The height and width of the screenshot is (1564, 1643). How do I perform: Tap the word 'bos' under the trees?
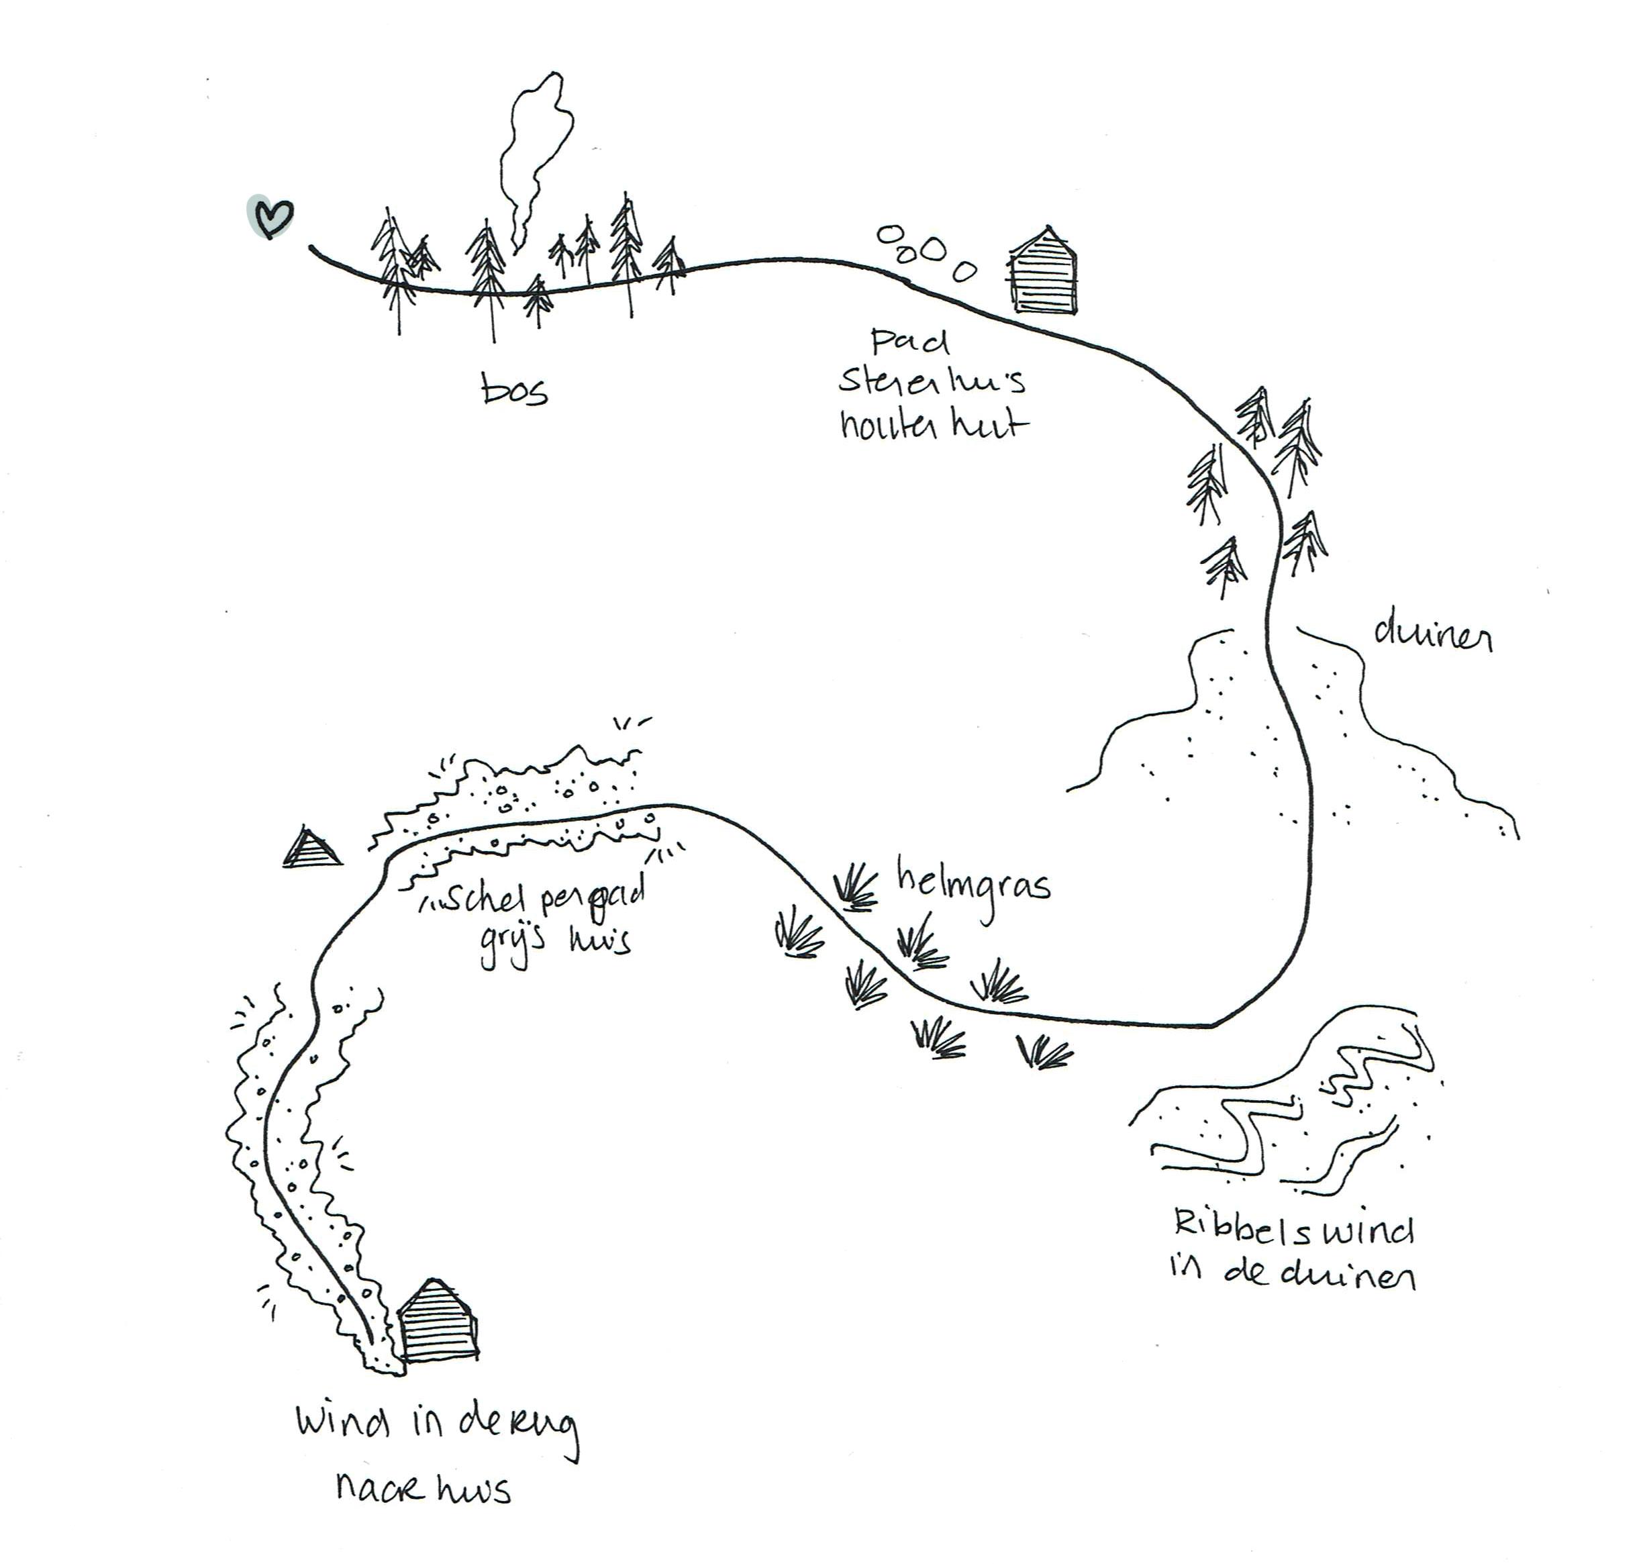tap(514, 389)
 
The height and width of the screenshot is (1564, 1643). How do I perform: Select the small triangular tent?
tap(312, 848)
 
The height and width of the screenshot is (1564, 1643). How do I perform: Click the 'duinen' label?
tap(1432, 638)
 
